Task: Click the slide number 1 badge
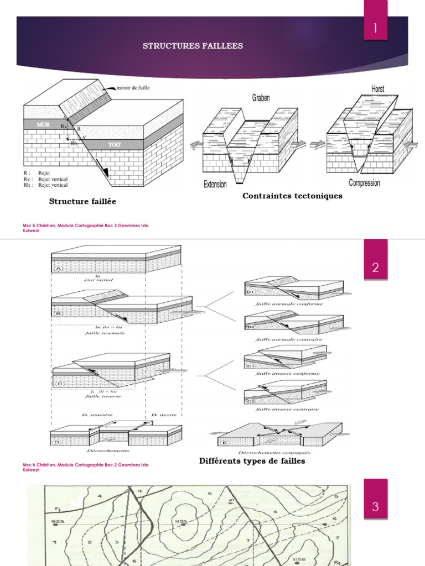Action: point(375,28)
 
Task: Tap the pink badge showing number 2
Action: point(375,268)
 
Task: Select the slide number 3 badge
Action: point(375,506)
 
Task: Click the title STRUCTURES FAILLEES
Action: point(193,46)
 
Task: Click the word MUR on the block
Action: point(43,125)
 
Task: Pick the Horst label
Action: point(377,88)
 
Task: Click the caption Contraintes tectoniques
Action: point(292,196)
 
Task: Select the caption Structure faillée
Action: point(82,202)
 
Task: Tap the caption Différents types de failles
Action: point(252,461)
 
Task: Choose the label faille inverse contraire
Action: point(287,410)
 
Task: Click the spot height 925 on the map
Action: point(57,521)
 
